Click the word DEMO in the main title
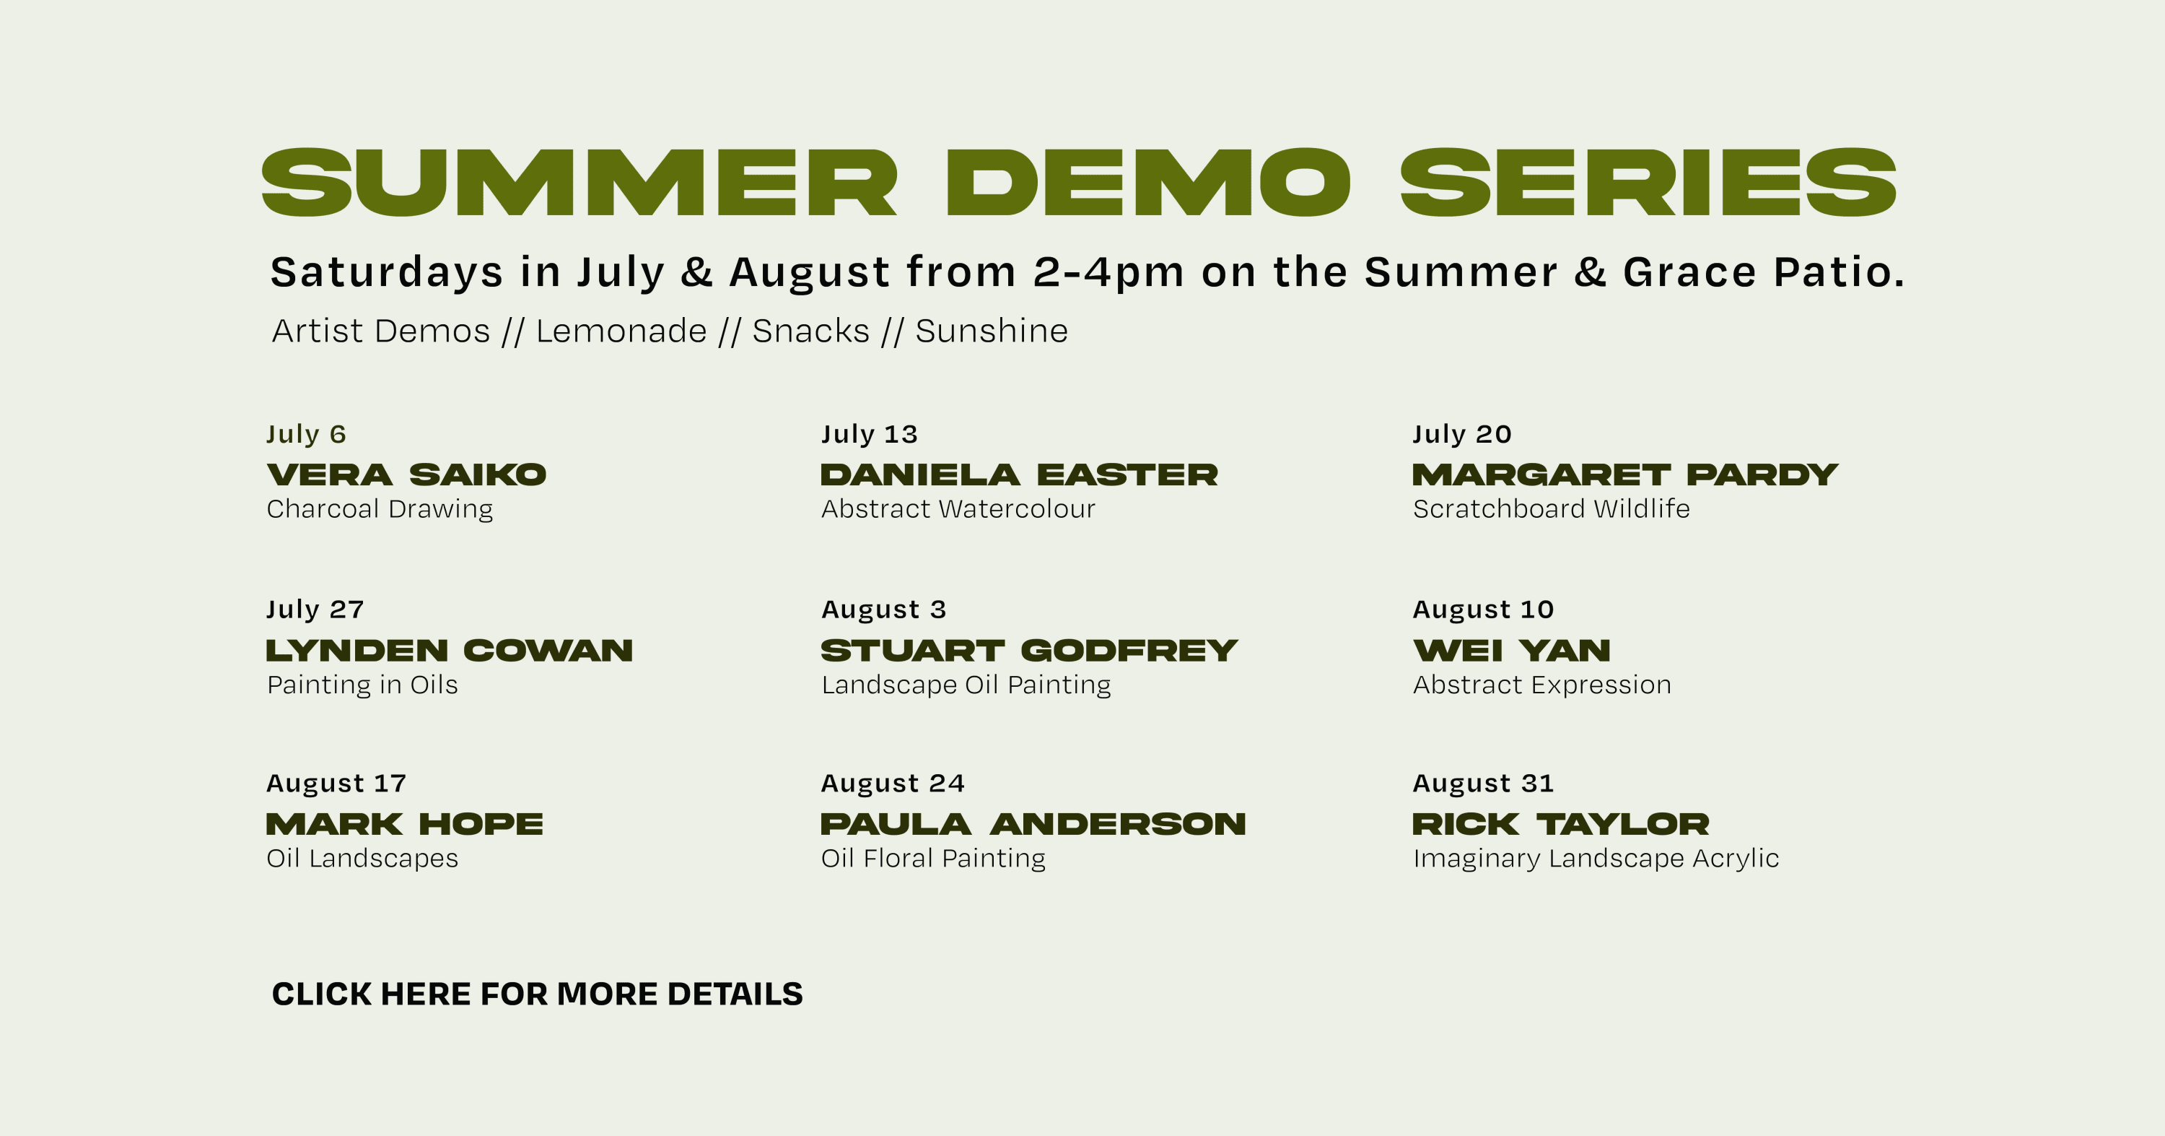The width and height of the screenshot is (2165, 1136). (x=1147, y=183)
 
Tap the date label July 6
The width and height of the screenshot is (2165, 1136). (x=306, y=434)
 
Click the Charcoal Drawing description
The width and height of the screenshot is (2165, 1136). (x=380, y=508)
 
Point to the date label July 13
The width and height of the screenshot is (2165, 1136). (x=869, y=434)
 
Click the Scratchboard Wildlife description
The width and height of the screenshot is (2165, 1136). (x=1551, y=508)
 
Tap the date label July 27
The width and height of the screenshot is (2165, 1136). (x=315, y=609)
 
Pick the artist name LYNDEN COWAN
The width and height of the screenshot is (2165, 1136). (x=450, y=651)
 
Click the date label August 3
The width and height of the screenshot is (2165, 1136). (x=883, y=609)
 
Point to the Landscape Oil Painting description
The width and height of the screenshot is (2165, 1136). (x=966, y=685)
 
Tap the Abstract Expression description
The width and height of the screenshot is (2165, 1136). (x=1541, y=685)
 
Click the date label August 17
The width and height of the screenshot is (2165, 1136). (x=336, y=783)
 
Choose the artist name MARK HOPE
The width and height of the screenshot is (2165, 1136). (x=404, y=824)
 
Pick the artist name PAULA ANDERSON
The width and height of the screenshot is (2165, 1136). (x=1033, y=824)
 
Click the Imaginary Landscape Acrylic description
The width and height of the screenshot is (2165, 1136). (x=1595, y=858)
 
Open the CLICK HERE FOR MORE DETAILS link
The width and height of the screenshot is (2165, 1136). (x=537, y=994)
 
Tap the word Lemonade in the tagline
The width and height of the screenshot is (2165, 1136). (x=621, y=331)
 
